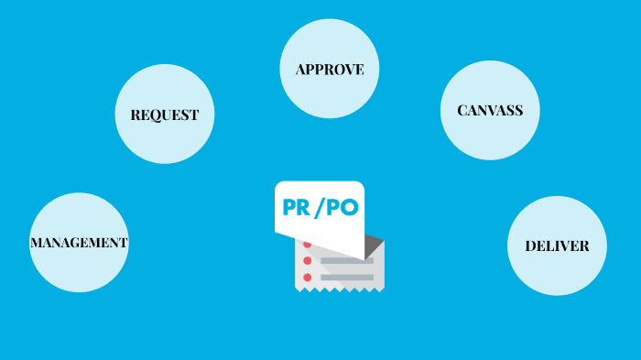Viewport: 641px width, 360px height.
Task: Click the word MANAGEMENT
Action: coord(79,243)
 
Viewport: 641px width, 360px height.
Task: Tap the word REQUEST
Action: coord(165,115)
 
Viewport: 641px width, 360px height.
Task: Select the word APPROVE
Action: coord(330,69)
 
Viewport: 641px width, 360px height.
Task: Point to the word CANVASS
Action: coord(490,110)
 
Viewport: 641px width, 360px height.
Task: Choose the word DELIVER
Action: coord(557,245)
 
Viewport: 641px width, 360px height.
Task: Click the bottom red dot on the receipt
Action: coord(308,276)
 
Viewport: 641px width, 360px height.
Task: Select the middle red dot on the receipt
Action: coord(308,260)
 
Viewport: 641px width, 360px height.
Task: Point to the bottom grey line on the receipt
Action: coord(347,277)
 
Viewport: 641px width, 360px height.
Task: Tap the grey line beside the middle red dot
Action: coord(347,261)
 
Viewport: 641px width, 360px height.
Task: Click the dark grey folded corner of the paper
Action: coord(374,245)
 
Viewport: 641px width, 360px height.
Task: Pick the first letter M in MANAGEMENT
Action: coord(36,243)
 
